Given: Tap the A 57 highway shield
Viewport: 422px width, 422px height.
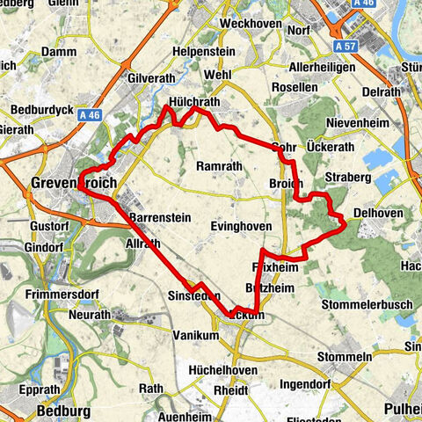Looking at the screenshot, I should pyautogui.click(x=346, y=43).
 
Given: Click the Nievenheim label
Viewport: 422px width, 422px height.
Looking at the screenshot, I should pyautogui.click(x=356, y=122).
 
